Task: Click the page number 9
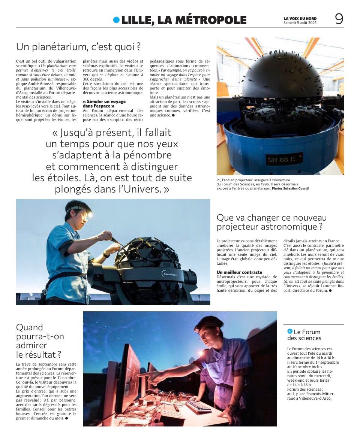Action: coord(339,19)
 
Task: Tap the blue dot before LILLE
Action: coord(116,20)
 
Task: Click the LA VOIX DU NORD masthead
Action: coord(300,18)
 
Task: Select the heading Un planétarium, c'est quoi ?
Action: coord(78,47)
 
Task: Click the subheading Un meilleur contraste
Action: coord(239,272)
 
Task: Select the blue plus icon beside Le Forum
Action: coord(289,331)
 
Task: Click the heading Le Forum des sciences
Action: coord(304,335)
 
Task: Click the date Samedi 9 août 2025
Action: coord(300,22)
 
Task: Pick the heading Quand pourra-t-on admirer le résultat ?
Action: coord(40,340)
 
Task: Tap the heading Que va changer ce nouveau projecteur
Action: coord(271,222)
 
